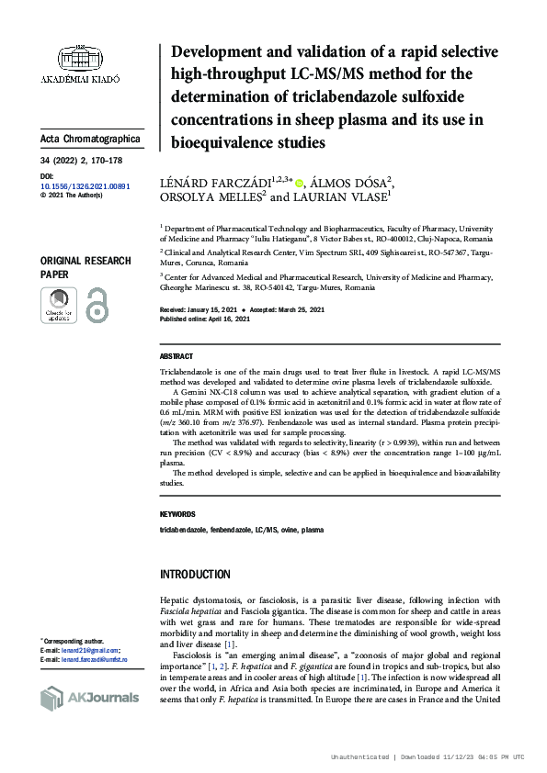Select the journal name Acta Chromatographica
pyautogui.click(x=90, y=139)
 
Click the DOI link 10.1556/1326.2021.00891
pyautogui.click(x=85, y=185)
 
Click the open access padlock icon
pyautogui.click(x=97, y=304)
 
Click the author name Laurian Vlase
pyautogui.click(x=340, y=197)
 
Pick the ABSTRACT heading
pyautogui.click(x=177, y=356)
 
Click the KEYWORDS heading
pyautogui.click(x=177, y=514)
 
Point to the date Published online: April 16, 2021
pyautogui.click(x=205, y=319)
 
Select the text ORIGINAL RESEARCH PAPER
pyautogui.click(x=83, y=267)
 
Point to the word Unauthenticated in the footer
pyautogui.click(x=360, y=757)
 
